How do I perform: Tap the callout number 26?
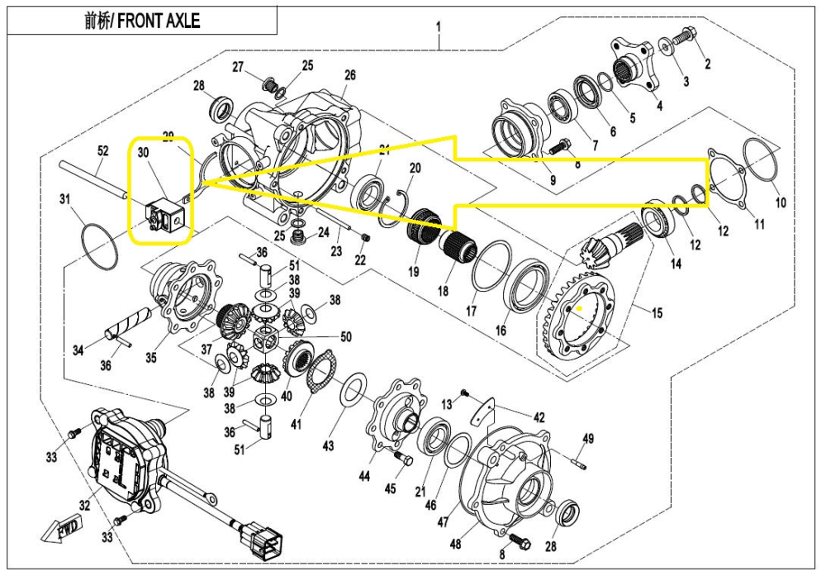click(x=349, y=75)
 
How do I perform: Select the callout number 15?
click(x=657, y=313)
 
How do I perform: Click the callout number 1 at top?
click(x=439, y=26)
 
